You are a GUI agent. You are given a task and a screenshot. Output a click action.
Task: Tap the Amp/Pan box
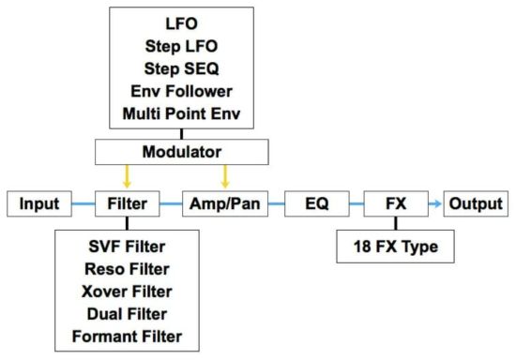coord(223,203)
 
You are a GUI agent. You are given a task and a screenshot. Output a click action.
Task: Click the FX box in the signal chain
coord(394,203)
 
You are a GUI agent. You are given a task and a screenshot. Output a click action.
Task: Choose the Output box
coord(476,203)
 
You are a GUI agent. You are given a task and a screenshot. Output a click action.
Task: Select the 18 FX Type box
coord(394,248)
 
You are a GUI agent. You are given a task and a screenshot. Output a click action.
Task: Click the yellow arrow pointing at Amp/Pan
coord(223,175)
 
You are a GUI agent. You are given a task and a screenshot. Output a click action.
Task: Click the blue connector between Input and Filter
coord(82,203)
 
